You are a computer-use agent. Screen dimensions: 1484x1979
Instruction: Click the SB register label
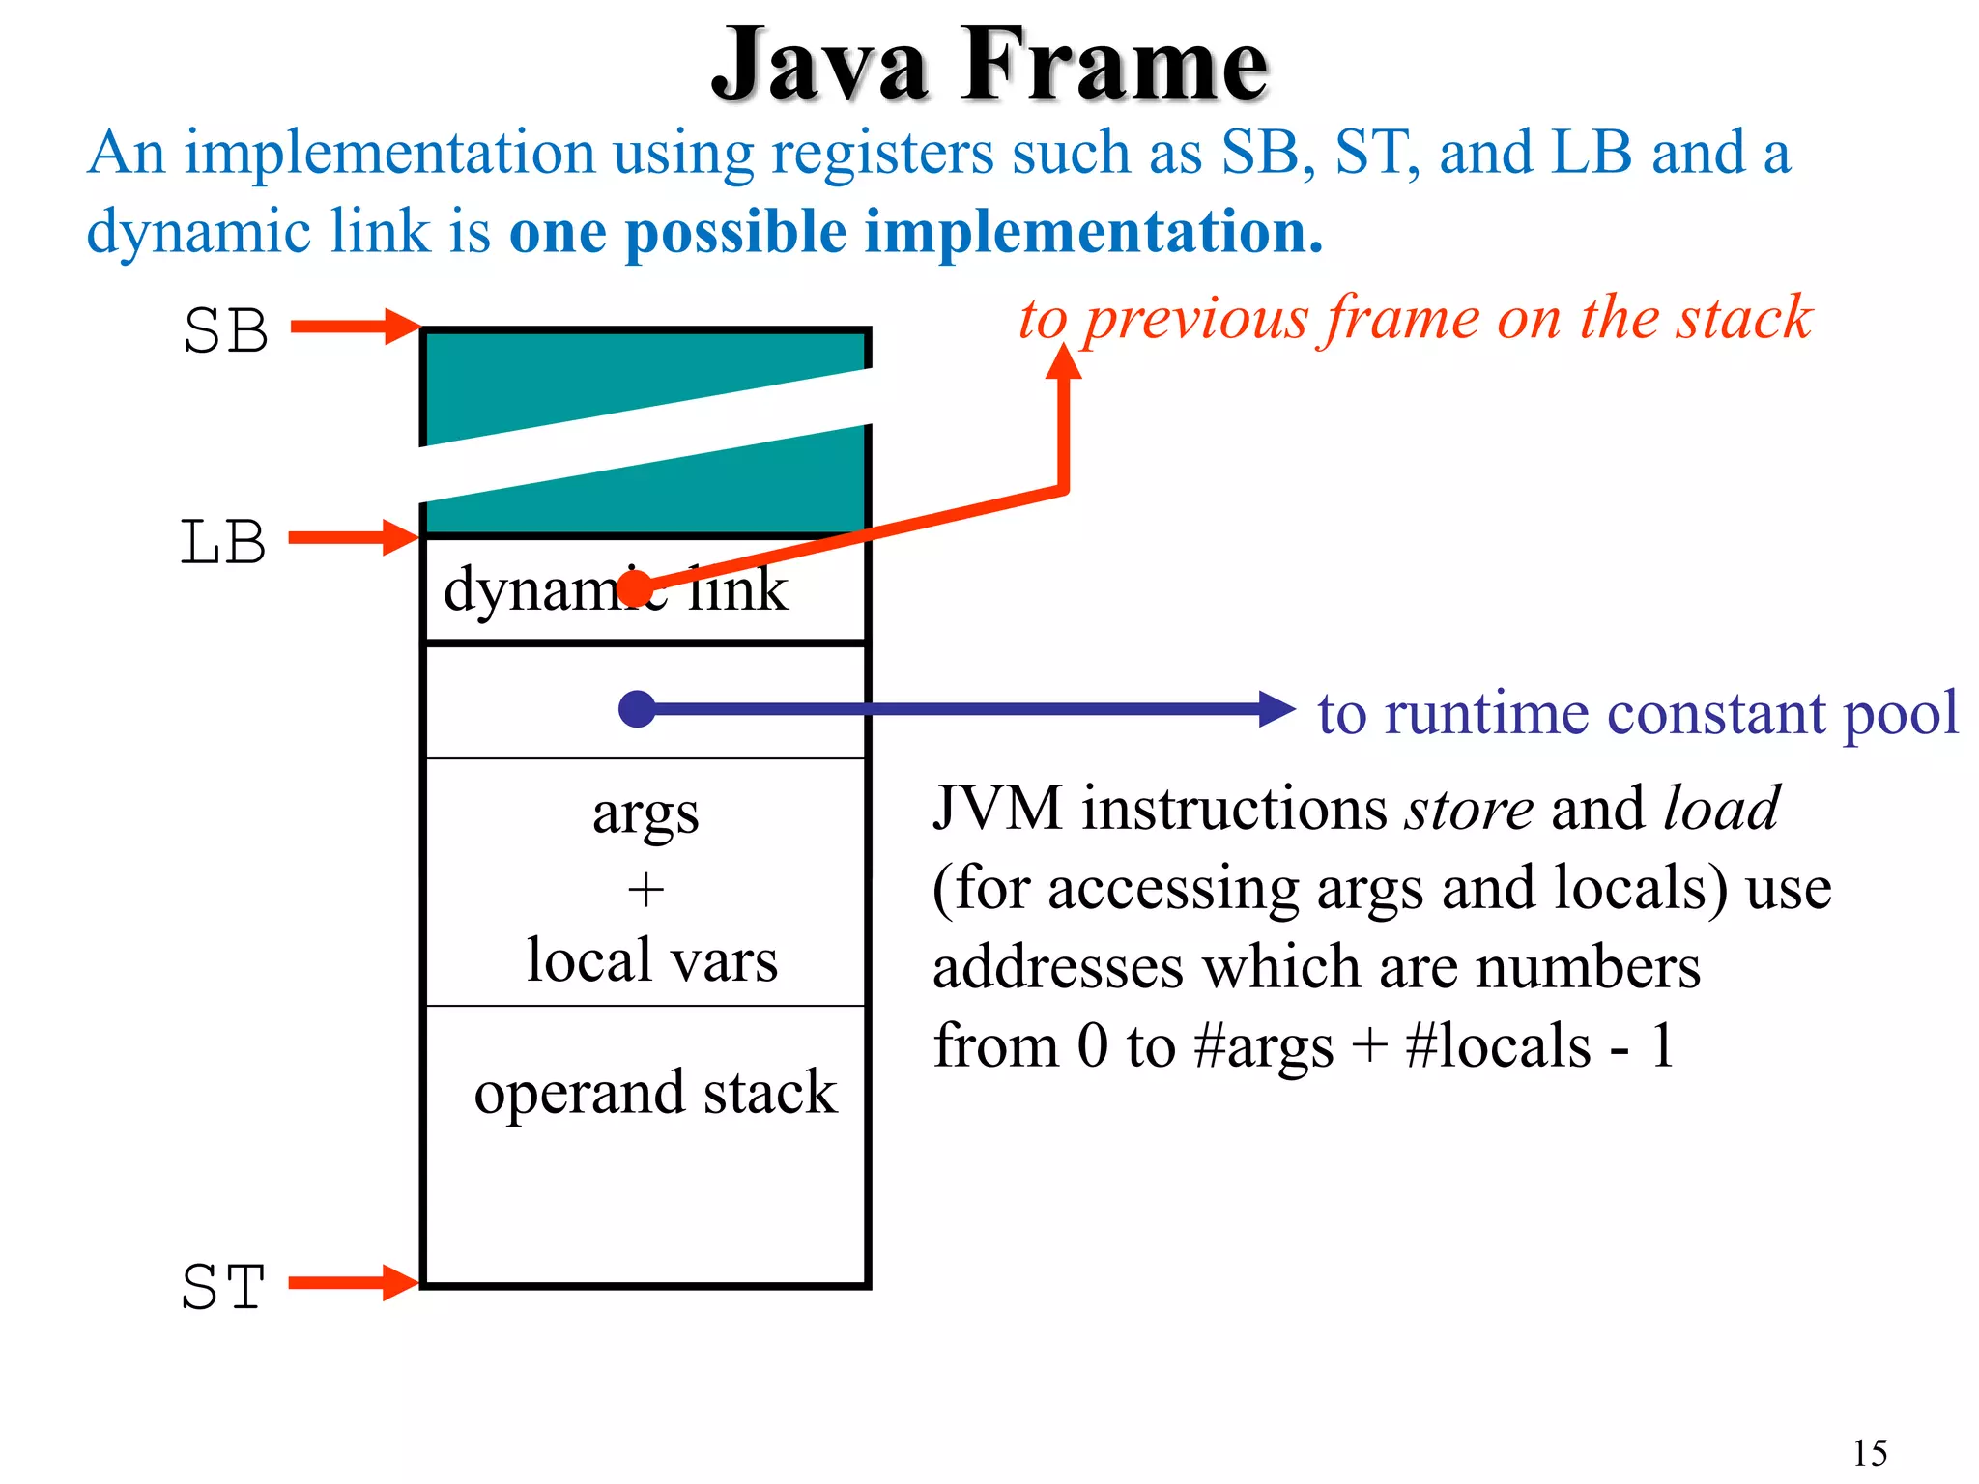click(x=225, y=331)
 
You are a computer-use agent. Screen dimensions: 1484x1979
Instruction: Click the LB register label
click(x=223, y=542)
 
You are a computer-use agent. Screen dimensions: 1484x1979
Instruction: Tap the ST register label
click(x=223, y=1287)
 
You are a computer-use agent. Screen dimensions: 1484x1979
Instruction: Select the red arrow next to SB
click(x=354, y=327)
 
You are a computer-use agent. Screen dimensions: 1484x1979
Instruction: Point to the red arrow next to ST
click(x=352, y=1283)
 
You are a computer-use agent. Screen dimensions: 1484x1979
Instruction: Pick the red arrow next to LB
click(x=352, y=537)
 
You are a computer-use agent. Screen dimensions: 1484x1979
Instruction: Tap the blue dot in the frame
click(x=637, y=709)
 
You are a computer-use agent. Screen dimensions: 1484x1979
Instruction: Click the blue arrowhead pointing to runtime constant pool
click(x=1276, y=709)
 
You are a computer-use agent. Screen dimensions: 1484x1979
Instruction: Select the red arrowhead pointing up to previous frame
click(x=1064, y=362)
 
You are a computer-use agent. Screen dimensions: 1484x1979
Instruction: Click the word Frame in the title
click(x=1113, y=66)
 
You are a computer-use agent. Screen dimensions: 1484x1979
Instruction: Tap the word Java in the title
click(x=820, y=66)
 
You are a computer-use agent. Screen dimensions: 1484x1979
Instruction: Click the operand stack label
click(x=655, y=1093)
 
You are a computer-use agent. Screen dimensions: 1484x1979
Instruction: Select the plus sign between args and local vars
click(x=645, y=889)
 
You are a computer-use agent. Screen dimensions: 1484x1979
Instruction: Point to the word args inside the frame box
click(x=645, y=814)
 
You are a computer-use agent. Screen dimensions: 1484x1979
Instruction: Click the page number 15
click(x=1870, y=1452)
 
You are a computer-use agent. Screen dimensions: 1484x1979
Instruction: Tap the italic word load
click(x=1721, y=809)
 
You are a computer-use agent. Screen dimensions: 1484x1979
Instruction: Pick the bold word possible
click(x=736, y=233)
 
